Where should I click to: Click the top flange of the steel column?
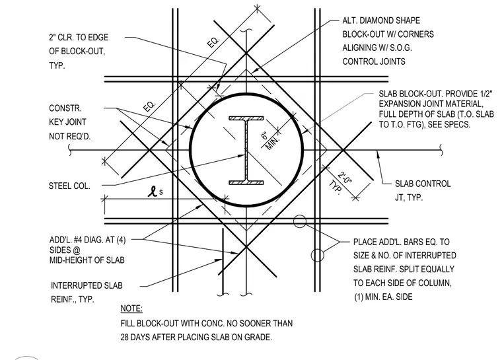click(246, 118)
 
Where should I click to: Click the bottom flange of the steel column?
click(246, 183)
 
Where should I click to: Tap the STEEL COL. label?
click(69, 186)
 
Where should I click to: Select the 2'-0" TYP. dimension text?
click(341, 182)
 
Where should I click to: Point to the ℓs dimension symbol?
click(155, 192)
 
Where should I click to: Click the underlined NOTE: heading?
click(131, 308)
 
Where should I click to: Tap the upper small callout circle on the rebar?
click(300, 221)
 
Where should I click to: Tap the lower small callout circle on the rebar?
click(317, 255)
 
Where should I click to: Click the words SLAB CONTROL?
click(423, 184)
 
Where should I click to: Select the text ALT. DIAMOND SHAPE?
click(381, 20)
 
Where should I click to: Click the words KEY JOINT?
click(67, 122)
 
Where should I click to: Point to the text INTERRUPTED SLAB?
click(87, 285)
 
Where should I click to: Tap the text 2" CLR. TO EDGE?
click(79, 38)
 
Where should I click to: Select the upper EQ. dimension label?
click(213, 42)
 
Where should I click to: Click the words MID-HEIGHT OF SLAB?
click(87, 260)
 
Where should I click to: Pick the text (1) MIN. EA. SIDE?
click(383, 297)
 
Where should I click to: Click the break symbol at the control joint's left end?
click(70, 150)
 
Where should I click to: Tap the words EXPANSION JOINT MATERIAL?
click(431, 104)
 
